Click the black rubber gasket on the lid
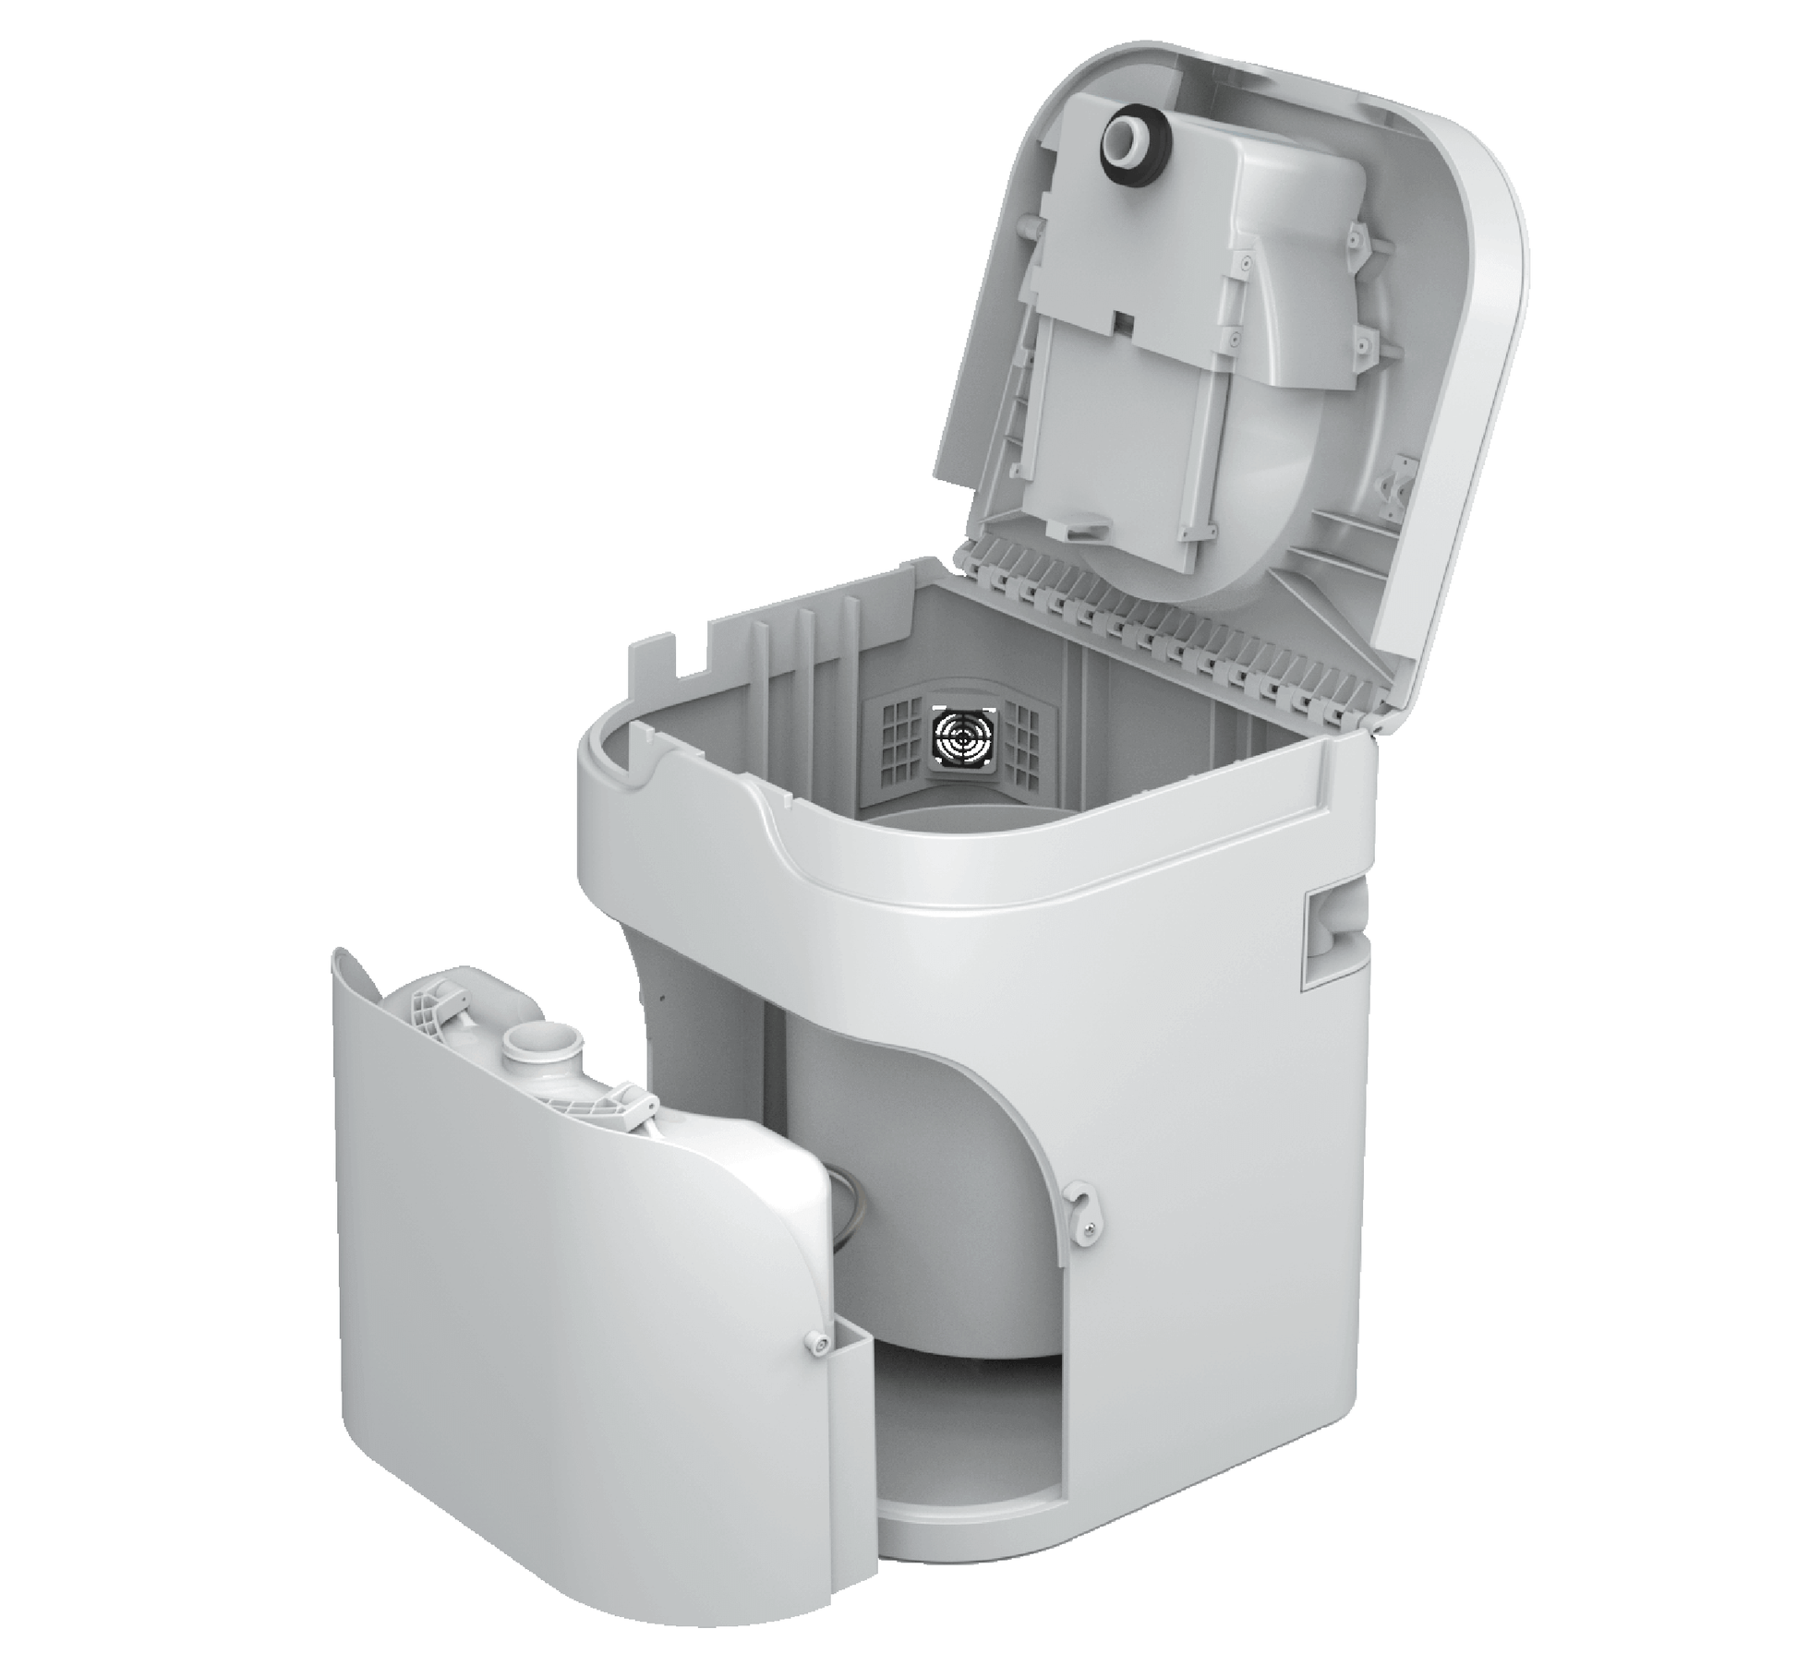(1129, 140)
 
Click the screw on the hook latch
(1091, 1225)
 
